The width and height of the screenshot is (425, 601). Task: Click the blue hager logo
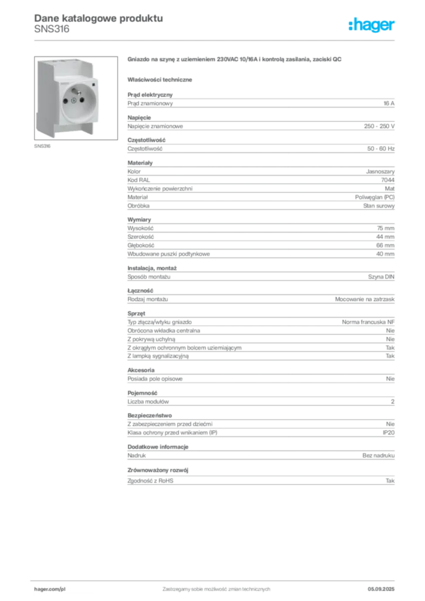(x=372, y=25)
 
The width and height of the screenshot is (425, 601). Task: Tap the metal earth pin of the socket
(x=75, y=91)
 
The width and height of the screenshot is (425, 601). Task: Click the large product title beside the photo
(x=234, y=59)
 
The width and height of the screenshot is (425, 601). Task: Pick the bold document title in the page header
(x=97, y=18)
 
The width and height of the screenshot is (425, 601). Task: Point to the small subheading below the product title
(x=161, y=79)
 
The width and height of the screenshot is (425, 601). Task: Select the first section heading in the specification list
(x=149, y=93)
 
